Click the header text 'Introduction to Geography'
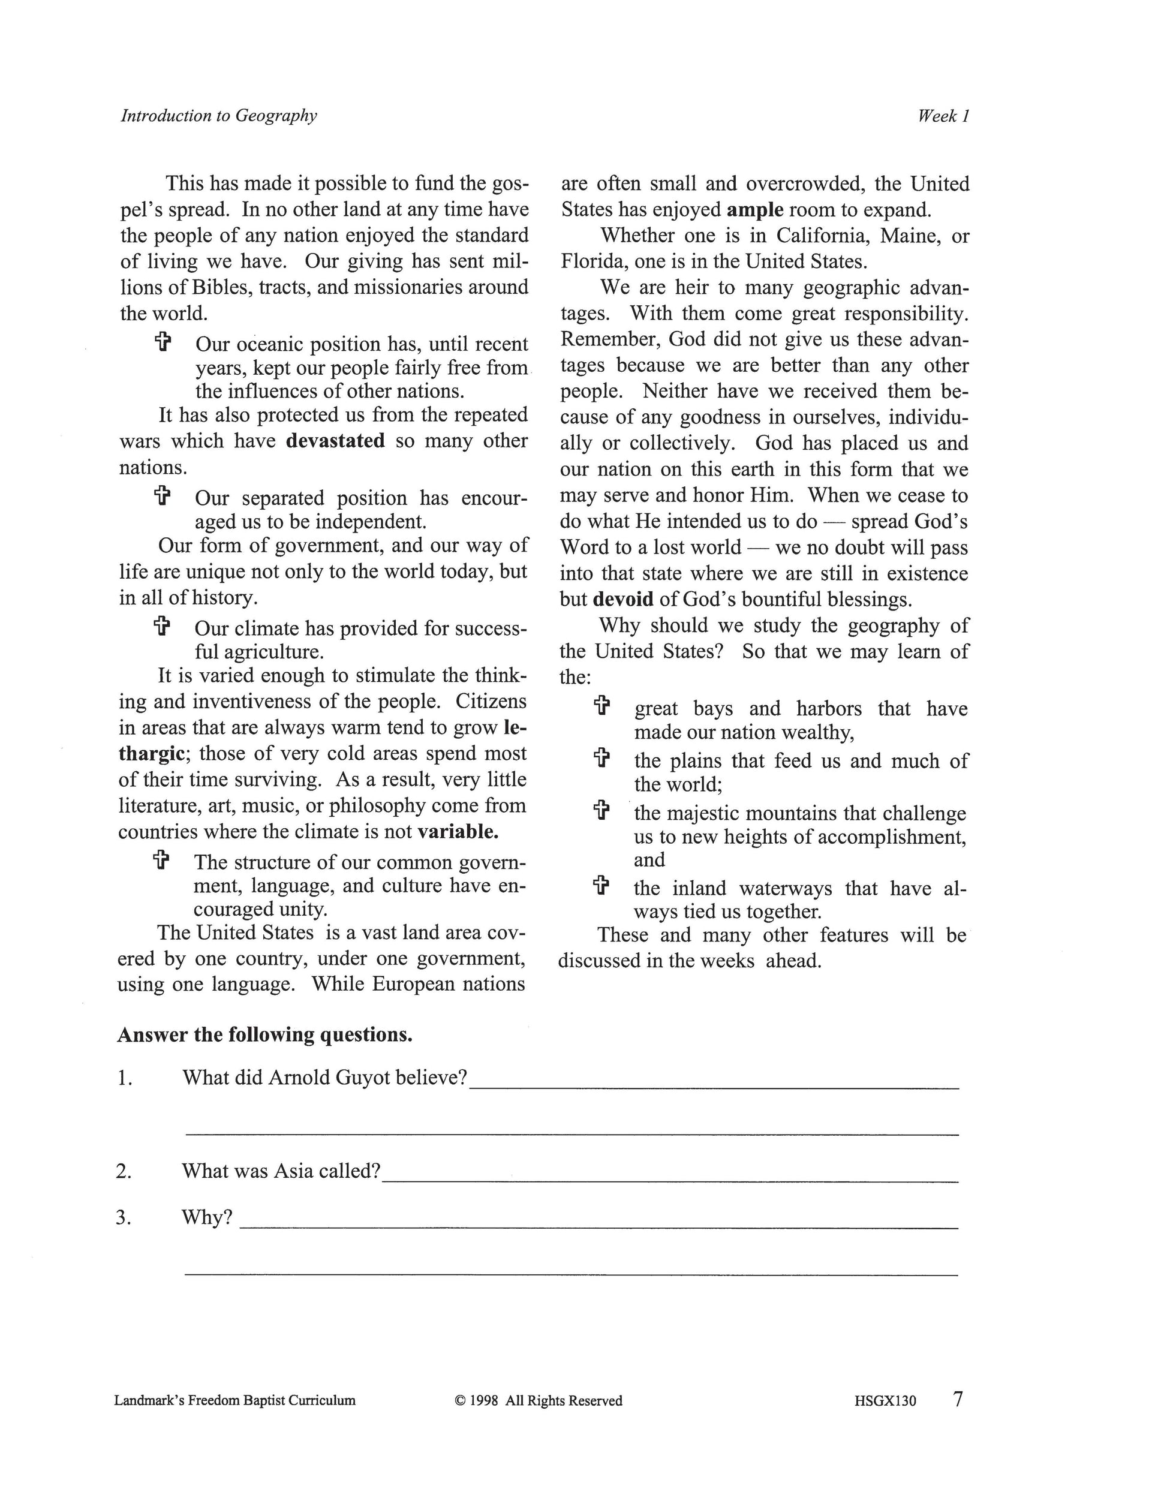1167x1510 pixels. (x=218, y=116)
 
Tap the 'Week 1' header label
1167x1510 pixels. (x=943, y=116)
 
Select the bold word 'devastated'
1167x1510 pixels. (x=335, y=441)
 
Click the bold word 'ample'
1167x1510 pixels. (x=755, y=209)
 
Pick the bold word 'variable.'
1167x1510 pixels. (x=458, y=831)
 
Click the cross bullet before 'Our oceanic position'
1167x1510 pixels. (x=162, y=342)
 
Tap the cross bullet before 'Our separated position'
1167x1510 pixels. (x=162, y=496)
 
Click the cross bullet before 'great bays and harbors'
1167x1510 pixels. (x=602, y=706)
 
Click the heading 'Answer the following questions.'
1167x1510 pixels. (x=265, y=1034)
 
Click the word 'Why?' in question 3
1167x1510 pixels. (x=207, y=1217)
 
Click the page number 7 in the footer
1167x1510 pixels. (x=958, y=1400)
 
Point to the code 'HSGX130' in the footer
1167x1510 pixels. (x=885, y=1401)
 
